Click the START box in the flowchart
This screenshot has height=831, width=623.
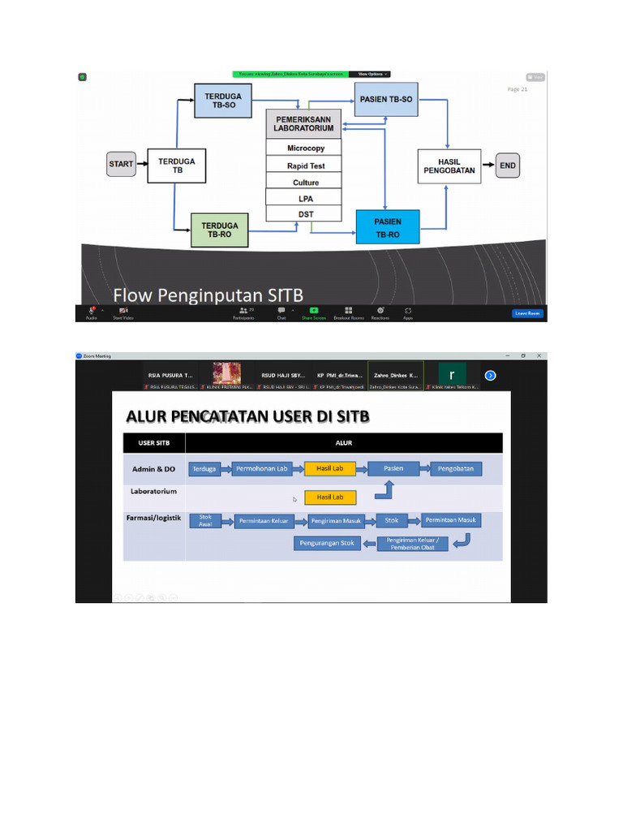point(121,164)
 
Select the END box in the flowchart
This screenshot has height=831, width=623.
point(507,166)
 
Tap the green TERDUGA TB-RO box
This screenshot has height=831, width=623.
point(220,230)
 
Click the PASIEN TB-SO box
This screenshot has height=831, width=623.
point(385,99)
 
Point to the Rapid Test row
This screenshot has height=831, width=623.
point(305,166)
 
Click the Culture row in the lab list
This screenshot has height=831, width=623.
point(305,183)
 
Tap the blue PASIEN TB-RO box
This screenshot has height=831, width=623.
point(387,226)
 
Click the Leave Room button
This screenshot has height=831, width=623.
point(526,313)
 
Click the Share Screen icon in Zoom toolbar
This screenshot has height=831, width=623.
point(314,312)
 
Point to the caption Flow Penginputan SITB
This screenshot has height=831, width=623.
point(208,295)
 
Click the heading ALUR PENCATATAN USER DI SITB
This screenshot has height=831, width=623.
point(247,417)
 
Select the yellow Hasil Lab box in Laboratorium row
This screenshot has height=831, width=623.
point(329,497)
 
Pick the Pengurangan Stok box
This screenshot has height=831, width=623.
point(324,543)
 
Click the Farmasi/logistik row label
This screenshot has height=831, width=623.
point(154,519)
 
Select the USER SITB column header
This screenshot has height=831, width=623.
point(153,443)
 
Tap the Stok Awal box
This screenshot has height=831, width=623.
point(205,521)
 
